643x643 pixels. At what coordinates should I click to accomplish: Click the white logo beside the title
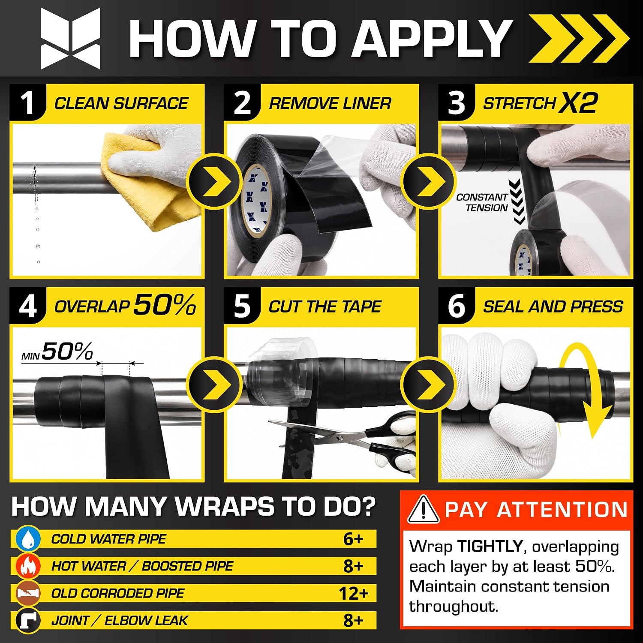coord(71,39)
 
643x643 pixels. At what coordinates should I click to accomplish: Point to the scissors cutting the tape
coord(343,437)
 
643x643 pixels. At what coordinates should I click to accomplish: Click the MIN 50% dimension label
coord(57,352)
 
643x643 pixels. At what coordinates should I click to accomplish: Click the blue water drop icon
coord(28,539)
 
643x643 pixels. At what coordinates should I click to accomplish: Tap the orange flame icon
coord(28,566)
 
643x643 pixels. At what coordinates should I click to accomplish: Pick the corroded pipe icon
coord(28,593)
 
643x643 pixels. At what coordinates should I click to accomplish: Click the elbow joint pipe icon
coord(28,620)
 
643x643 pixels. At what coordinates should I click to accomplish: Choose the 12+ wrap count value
coord(354,594)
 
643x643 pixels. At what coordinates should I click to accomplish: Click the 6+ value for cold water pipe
coord(353,539)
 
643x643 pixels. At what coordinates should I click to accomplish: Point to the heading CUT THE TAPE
coord(325,306)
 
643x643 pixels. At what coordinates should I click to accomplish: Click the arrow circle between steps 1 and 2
coord(214,181)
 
